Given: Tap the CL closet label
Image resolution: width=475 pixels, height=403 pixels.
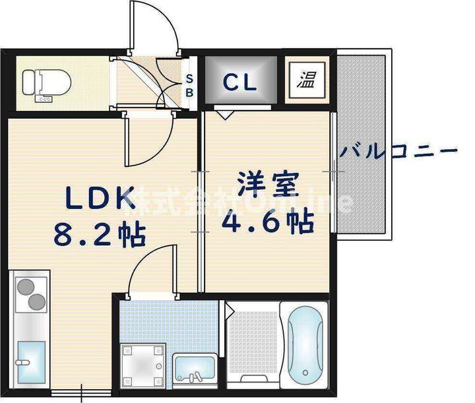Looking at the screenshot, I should [239, 82].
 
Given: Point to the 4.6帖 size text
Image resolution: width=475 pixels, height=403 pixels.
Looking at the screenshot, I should [265, 223].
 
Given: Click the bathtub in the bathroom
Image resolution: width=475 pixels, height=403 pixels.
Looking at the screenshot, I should [305, 345].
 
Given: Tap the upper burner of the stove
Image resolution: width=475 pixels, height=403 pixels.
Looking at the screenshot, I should [25, 287].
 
